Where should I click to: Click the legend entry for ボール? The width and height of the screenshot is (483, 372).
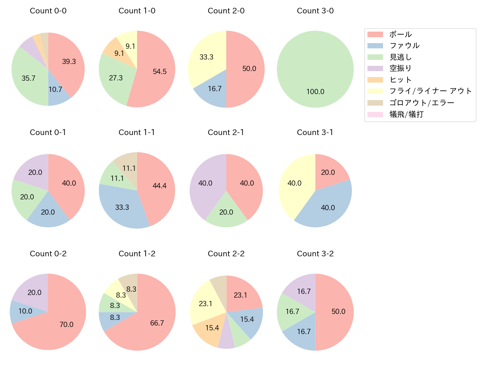point(400,34)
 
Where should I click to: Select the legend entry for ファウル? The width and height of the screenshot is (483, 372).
point(404,46)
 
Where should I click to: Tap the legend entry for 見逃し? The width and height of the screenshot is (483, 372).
point(400,57)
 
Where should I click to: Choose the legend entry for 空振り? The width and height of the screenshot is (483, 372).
point(400,68)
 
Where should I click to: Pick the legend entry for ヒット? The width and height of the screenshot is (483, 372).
point(400,80)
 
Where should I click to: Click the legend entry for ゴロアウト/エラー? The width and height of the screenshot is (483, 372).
point(421,103)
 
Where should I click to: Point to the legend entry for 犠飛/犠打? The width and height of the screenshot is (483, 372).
point(406,115)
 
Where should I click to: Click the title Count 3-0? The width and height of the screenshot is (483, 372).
point(315,11)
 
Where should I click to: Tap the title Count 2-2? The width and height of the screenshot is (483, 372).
point(226,254)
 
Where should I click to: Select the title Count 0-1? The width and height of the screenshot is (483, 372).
point(48,132)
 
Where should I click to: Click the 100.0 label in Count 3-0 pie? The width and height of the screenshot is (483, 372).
point(315,92)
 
